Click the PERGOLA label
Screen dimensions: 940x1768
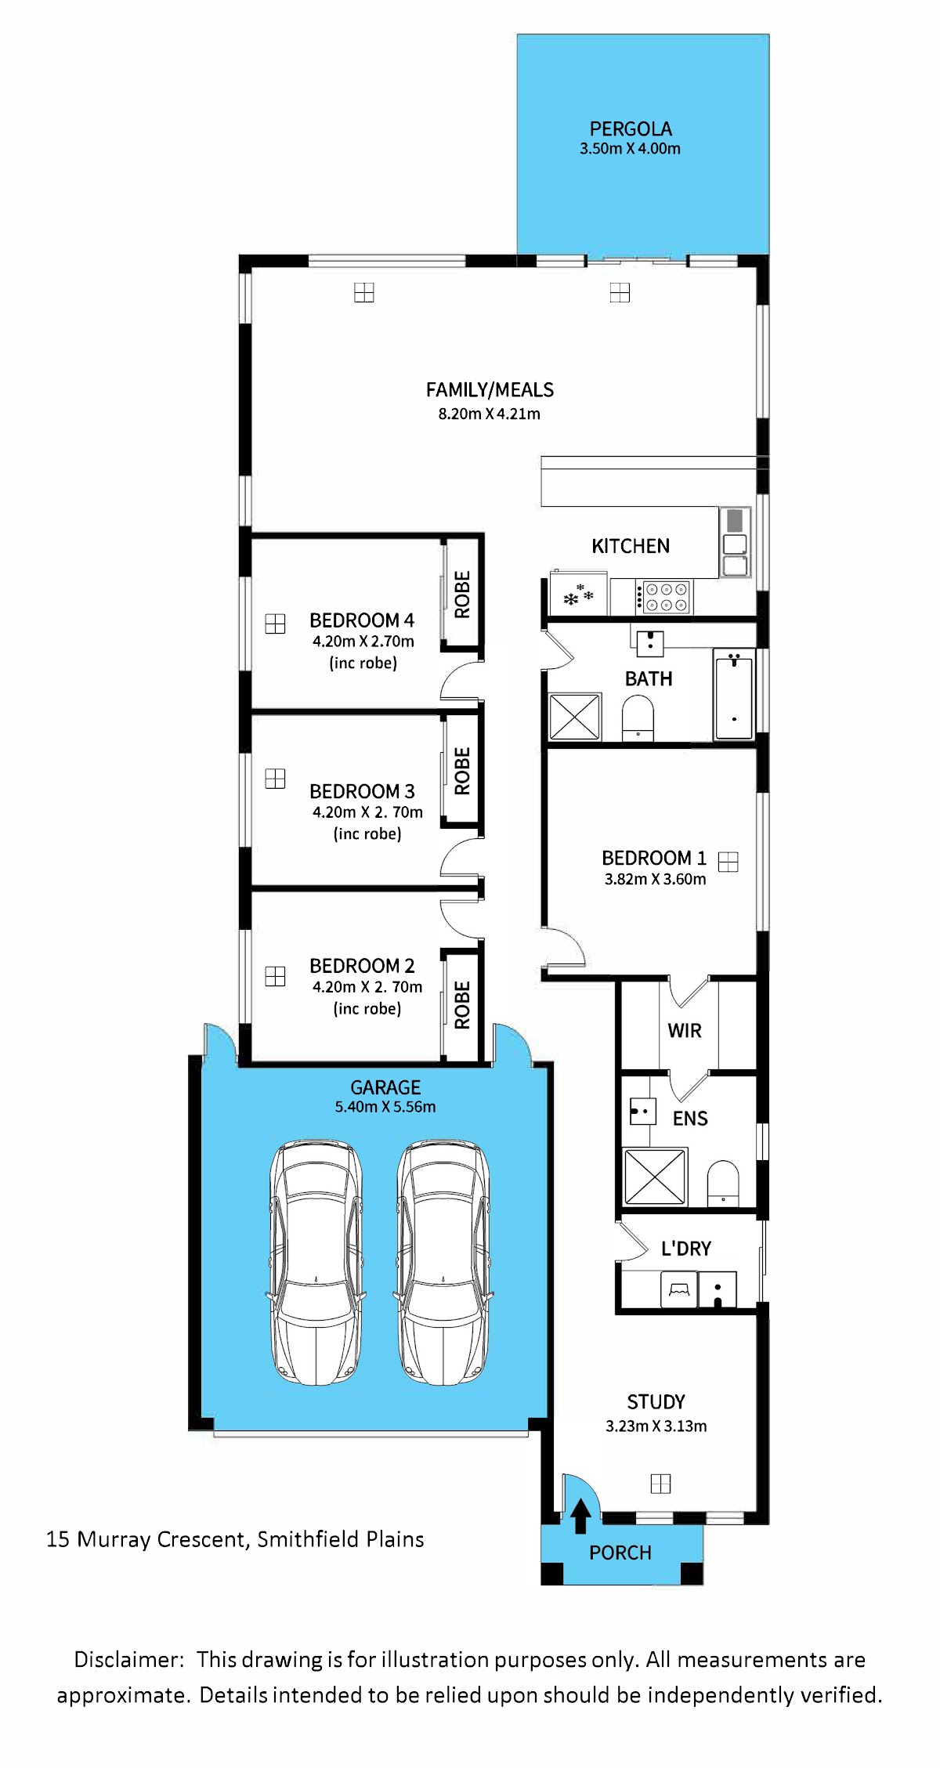631,128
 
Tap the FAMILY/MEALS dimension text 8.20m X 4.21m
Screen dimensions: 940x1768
489,414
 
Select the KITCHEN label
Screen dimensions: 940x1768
631,546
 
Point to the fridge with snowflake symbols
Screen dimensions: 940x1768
579,595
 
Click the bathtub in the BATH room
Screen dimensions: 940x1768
734,694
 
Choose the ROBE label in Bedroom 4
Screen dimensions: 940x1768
462,595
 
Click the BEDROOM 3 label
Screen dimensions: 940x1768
362,791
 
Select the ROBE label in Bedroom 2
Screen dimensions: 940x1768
462,1005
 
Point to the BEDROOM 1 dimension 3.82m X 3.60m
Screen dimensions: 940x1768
655,879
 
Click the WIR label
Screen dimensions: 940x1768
685,1031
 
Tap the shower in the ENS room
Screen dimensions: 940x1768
655,1177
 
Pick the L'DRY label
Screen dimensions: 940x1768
686,1249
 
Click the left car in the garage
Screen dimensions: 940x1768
316,1262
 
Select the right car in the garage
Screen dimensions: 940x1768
443,1262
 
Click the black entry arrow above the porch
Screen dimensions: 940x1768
580,1516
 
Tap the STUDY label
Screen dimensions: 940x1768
656,1402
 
